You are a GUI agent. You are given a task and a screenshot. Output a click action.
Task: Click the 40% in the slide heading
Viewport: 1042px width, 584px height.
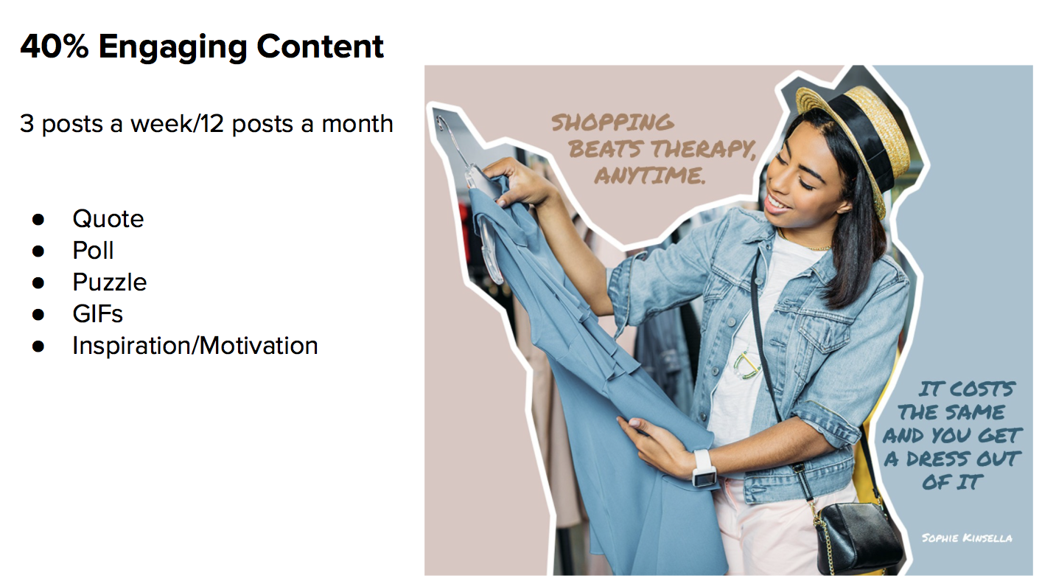54,46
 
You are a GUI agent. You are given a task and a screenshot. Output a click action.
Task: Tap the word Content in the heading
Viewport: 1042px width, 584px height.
320,46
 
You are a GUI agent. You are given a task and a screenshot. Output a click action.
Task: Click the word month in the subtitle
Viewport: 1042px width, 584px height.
357,124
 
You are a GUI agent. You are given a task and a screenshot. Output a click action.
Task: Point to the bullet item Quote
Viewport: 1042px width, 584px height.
108,219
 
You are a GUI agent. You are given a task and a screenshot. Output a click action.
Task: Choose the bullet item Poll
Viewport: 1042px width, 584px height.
93,251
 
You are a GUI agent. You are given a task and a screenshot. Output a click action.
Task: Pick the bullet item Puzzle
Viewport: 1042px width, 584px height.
110,282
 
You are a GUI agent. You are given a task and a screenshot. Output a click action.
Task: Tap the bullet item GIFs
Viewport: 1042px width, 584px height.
98,313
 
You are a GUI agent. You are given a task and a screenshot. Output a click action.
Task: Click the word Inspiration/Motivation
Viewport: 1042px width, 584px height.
195,346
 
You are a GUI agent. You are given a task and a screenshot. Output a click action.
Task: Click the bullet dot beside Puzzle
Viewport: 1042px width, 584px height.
38,283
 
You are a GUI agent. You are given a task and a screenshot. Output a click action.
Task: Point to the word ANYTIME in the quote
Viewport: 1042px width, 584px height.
650,175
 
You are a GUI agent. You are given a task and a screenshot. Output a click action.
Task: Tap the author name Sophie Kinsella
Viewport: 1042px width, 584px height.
967,538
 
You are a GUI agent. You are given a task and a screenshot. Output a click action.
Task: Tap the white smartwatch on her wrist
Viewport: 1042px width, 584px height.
704,468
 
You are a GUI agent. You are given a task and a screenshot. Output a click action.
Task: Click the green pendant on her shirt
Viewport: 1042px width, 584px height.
746,366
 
